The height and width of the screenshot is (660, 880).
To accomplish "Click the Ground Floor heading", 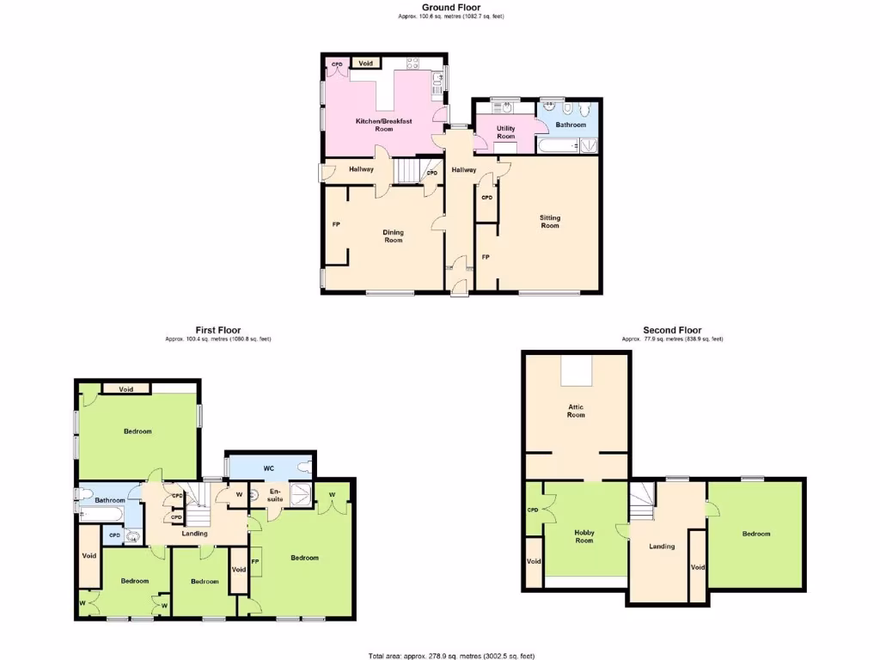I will pos(451,7).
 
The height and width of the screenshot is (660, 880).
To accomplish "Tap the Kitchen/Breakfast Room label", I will pos(383,125).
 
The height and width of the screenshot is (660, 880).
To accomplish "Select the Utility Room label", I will pos(505,132).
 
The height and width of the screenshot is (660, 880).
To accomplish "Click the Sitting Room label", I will pos(549,221).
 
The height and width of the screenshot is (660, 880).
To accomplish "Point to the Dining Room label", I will pos(393,235).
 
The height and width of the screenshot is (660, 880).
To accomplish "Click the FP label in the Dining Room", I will pos(336,225).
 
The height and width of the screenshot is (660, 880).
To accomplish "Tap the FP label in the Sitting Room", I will pos(486,257).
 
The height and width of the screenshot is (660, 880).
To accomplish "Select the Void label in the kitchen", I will pos(366,64).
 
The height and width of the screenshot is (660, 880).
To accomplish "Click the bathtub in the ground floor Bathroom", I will pos(559,146).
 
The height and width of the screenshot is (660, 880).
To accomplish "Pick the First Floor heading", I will pos(217,330).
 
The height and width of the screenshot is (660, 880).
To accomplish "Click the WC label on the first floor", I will pos(268,468).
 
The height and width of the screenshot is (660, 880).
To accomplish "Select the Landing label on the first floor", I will pos(194,534).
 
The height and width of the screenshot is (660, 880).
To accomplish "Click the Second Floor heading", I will pos(672,330).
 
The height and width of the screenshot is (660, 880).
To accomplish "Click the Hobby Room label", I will pos(584,536).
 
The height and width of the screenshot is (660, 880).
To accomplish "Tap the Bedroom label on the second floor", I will pos(756,534).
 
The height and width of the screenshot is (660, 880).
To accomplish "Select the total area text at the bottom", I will pos(451,656).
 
